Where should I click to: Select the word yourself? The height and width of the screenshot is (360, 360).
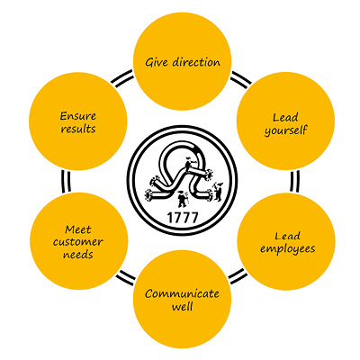(x=286, y=130)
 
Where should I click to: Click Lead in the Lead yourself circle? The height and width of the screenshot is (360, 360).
(x=285, y=117)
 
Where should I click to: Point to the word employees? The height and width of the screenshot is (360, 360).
(x=288, y=249)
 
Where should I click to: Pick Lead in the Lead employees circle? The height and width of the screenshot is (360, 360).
(x=287, y=236)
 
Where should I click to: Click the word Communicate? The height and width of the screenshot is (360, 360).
(x=182, y=293)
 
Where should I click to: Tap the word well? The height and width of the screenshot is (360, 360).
(x=182, y=307)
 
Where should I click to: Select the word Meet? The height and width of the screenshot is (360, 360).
(x=78, y=229)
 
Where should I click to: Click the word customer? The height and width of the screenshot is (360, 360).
(x=78, y=242)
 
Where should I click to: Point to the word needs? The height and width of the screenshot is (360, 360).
(x=78, y=255)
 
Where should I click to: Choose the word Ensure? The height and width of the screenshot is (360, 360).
(x=78, y=116)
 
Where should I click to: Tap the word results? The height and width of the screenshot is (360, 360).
(x=78, y=129)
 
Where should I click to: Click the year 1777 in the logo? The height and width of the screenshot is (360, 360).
(x=183, y=218)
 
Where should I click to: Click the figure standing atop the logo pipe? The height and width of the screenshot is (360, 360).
(x=188, y=164)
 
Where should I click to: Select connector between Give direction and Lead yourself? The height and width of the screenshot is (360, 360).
(x=240, y=80)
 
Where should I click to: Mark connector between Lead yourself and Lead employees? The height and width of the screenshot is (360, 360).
(x=294, y=181)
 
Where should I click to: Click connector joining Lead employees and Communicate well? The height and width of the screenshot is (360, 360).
(x=238, y=276)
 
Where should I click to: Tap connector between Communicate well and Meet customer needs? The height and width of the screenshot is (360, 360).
(x=126, y=278)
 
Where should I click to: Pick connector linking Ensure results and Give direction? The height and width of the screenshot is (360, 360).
(x=122, y=78)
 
